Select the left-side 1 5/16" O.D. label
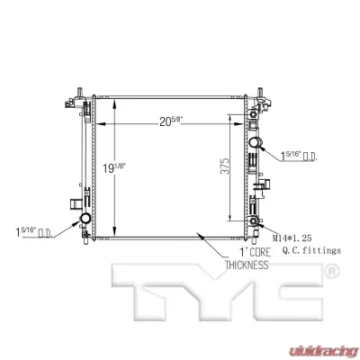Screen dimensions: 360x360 (x=34, y=234)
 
